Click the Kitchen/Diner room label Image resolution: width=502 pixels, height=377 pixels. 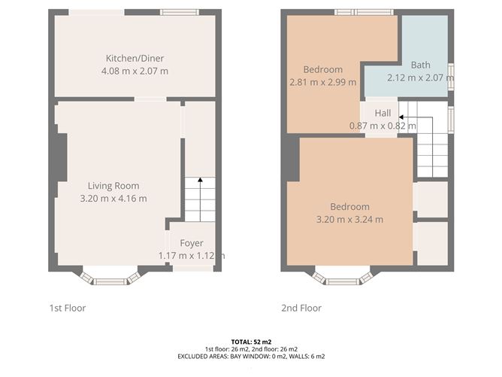coord(135,59)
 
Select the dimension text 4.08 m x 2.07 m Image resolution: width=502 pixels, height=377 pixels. coord(135,71)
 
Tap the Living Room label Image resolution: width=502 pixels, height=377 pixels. coord(113,186)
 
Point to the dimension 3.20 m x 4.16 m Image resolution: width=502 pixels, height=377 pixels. coord(113,199)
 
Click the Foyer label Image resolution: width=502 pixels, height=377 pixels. coord(192,243)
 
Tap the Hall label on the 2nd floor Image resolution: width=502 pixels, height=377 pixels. coord(383,114)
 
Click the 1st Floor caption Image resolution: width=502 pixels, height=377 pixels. coord(68,308)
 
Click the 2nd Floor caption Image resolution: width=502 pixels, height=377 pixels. coord(301,308)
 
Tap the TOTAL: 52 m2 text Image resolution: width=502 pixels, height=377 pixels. coord(250,342)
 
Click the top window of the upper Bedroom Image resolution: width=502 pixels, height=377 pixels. coord(355,12)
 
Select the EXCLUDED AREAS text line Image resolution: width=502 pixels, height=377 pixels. coord(250,356)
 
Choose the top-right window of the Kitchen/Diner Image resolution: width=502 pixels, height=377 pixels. coord(179,12)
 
